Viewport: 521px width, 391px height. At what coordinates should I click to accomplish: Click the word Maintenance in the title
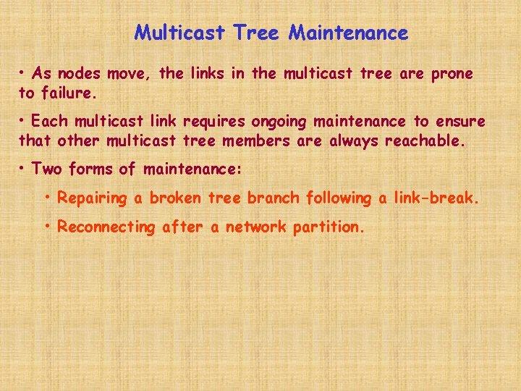click(348, 33)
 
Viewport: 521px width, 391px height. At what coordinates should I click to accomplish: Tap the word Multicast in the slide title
click(182, 33)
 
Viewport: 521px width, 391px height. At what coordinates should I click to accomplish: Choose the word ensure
click(459, 121)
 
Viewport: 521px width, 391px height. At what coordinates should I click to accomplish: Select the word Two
click(47, 169)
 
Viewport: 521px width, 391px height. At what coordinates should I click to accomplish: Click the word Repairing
click(93, 198)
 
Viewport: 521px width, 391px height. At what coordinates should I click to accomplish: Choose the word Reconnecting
click(106, 227)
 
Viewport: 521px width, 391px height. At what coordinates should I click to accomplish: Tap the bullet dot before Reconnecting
click(48, 226)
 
